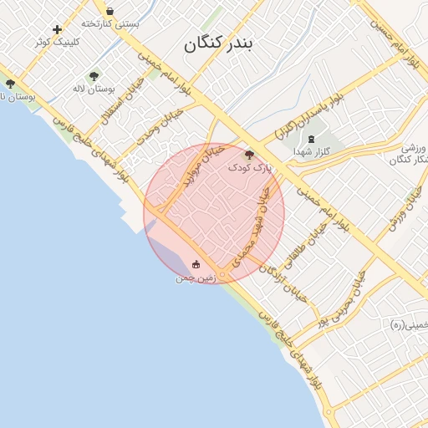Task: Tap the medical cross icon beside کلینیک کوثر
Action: tap(58, 29)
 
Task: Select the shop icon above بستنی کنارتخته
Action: tap(110, 11)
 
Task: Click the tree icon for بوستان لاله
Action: tap(94, 76)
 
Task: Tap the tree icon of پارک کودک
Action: tap(248, 155)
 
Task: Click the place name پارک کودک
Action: tap(251, 168)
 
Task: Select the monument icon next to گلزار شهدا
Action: tap(311, 138)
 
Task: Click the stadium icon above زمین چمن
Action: tap(196, 265)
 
